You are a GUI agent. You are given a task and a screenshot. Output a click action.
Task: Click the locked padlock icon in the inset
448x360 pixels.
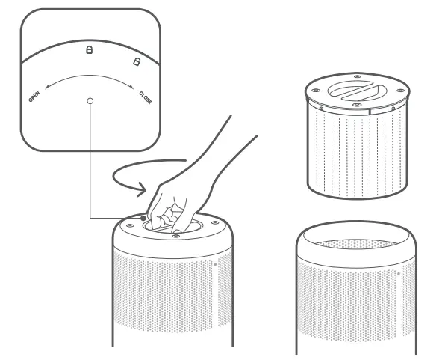pos(90,50)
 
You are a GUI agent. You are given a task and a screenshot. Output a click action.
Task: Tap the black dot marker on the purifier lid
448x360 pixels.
pos(143,219)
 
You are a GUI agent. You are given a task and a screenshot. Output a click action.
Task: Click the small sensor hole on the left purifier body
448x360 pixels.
pos(216,263)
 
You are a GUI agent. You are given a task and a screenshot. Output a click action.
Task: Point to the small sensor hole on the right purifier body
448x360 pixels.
pos(399,273)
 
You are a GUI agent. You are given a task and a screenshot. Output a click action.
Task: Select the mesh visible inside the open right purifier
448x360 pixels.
pos(355,244)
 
